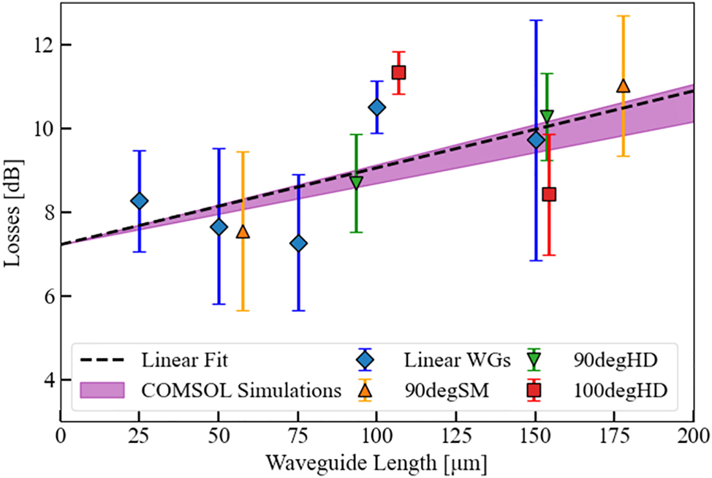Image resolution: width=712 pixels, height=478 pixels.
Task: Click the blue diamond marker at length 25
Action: (139, 200)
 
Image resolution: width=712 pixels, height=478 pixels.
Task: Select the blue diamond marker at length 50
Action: (219, 227)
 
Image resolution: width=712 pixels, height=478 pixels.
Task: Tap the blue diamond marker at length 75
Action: (298, 243)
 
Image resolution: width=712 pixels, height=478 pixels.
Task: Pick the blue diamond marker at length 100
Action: (376, 107)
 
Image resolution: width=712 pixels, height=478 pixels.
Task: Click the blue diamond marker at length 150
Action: (536, 140)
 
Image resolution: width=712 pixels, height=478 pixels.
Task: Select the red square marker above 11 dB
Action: (398, 72)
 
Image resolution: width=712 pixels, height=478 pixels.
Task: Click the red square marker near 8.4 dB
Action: (549, 194)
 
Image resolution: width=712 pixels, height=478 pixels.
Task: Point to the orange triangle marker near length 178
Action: (623, 86)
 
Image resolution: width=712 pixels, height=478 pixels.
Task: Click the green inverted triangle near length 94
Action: (356, 183)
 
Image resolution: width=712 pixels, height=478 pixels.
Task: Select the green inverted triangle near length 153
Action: (547, 116)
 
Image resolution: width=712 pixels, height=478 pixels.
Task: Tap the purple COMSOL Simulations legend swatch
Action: (102, 390)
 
